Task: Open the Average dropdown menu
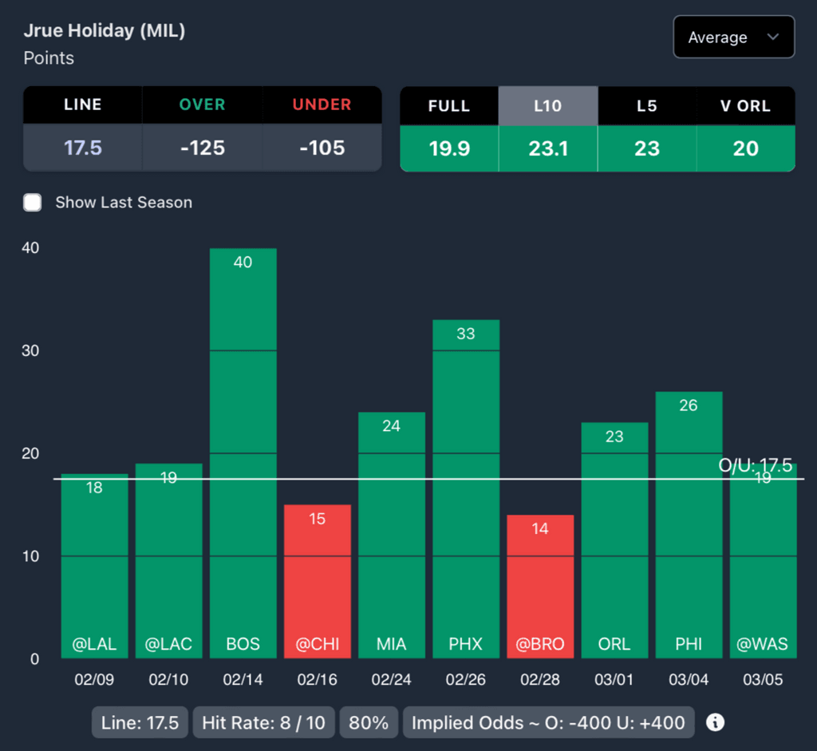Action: pyautogui.click(x=733, y=38)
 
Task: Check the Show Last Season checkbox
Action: pyautogui.click(x=33, y=202)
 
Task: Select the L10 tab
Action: pyautogui.click(x=547, y=106)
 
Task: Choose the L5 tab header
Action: pyautogui.click(x=647, y=106)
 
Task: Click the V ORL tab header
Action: pyautogui.click(x=746, y=106)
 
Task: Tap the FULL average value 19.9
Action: pyautogui.click(x=449, y=148)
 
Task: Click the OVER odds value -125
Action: pyautogui.click(x=203, y=148)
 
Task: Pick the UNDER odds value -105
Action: pyautogui.click(x=322, y=148)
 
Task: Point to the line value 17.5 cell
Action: pyautogui.click(x=83, y=148)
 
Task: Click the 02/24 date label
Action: pyautogui.click(x=391, y=681)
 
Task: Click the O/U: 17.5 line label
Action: pyautogui.click(x=755, y=466)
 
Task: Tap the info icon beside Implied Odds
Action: pyautogui.click(x=716, y=723)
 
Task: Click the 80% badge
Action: pyautogui.click(x=369, y=723)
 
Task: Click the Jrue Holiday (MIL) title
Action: pyautogui.click(x=105, y=31)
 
